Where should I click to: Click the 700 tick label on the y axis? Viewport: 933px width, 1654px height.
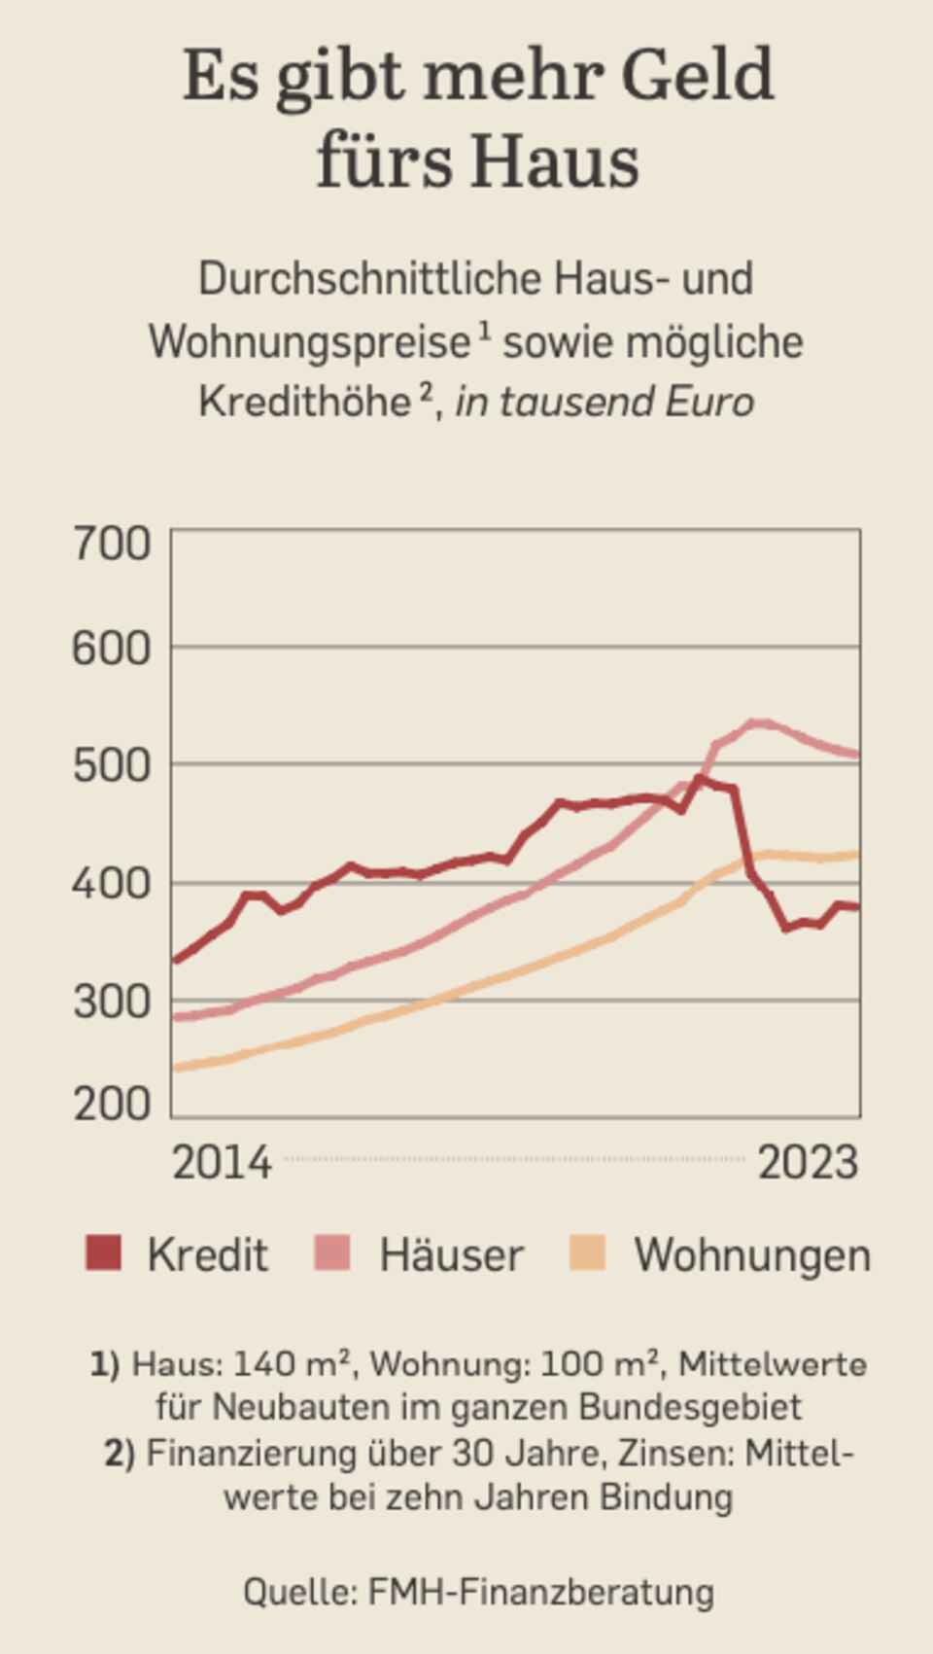coord(112,544)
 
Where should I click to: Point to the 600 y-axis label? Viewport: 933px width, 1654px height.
coord(112,649)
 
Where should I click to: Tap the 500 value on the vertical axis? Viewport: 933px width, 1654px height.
coord(112,767)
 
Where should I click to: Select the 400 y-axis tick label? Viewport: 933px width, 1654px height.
coord(112,884)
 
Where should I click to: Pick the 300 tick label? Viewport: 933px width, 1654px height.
coord(112,1002)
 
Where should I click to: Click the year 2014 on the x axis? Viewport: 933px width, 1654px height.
coord(222,1163)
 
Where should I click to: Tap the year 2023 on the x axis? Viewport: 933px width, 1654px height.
coord(808,1163)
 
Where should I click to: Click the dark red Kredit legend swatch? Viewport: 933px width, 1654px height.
coord(103,1253)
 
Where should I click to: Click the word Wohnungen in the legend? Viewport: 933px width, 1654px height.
coord(752,1255)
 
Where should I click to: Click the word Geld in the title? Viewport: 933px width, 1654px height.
coord(697,76)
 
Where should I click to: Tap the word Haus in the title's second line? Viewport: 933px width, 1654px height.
coord(557,161)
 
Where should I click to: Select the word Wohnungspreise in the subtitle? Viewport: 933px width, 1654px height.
coord(309,342)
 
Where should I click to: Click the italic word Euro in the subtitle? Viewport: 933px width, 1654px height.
coord(710,402)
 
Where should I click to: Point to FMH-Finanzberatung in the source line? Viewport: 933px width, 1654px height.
coord(540,1592)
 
